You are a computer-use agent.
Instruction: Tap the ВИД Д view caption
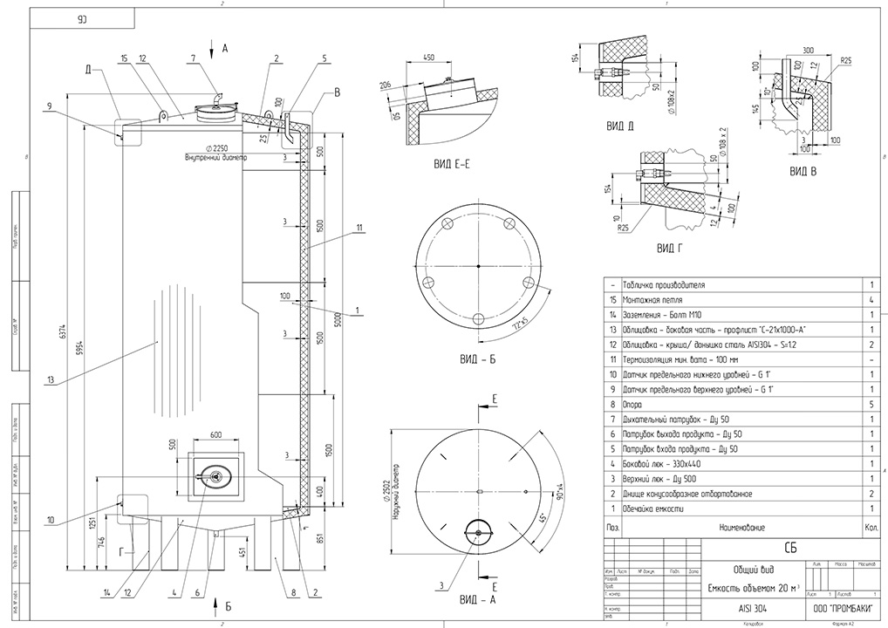tap(619, 126)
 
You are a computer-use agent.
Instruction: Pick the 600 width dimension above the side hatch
tap(215, 435)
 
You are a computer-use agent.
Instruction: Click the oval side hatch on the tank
tap(214, 475)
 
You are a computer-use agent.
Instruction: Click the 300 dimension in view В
tap(807, 50)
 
